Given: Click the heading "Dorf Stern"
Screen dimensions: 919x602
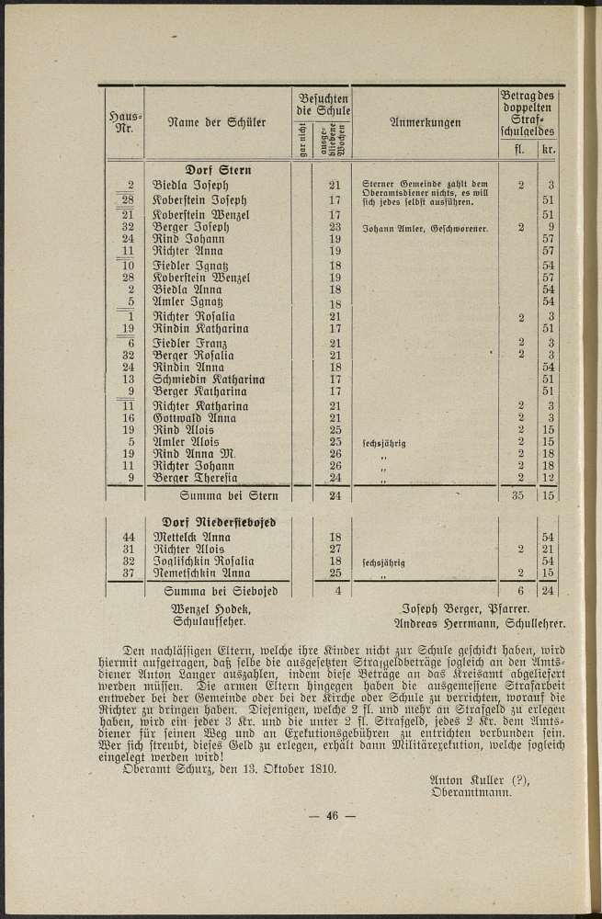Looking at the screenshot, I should click(219, 170).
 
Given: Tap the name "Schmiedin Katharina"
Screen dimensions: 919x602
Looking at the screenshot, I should click(209, 380).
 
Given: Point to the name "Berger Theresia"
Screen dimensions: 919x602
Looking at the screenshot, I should click(195, 477).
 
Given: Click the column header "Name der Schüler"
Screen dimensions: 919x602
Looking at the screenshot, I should click(217, 122).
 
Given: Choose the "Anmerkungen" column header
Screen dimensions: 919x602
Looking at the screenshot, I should click(425, 122).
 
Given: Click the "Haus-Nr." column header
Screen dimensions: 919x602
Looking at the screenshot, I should click(121, 121).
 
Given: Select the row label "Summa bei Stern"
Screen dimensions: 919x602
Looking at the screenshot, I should click(218, 496).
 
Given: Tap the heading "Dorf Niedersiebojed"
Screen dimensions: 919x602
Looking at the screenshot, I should click(219, 521).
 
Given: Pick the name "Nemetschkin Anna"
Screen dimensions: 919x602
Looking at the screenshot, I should click(203, 573).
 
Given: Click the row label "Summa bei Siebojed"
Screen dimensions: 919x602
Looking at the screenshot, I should click(220, 591).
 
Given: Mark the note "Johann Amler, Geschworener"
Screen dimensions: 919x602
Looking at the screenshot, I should click(425, 226).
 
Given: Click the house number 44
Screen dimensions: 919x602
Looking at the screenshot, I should click(129, 536).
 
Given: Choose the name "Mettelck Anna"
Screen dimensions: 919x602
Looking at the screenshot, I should click(192, 537).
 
